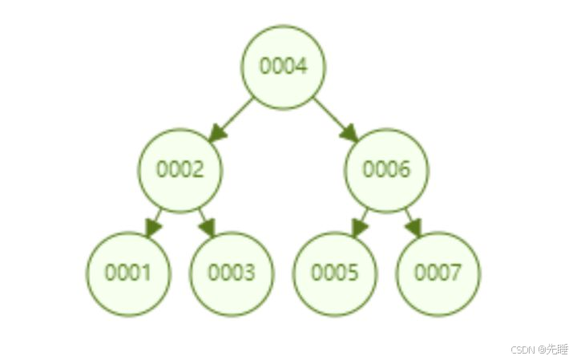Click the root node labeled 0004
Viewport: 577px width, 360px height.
(284, 67)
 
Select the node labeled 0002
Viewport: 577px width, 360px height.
(180, 170)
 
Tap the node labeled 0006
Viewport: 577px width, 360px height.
(386, 170)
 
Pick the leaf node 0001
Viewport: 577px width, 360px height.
(129, 273)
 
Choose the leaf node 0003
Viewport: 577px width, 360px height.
(232, 273)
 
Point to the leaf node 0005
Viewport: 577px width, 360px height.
(335, 273)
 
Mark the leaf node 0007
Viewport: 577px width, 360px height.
(438, 273)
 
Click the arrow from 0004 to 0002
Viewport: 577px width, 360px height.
(231, 119)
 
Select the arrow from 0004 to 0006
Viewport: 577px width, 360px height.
(336, 119)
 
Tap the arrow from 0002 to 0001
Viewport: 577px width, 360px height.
(154, 223)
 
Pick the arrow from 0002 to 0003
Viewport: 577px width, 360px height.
(207, 223)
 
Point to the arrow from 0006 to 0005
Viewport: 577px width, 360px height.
(360, 223)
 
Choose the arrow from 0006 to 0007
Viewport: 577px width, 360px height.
(413, 223)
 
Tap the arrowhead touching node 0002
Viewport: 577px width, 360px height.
(216, 134)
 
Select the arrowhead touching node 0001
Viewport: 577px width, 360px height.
(152, 228)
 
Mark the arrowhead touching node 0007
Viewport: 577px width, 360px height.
(414, 228)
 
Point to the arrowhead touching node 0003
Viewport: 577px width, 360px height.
(208, 228)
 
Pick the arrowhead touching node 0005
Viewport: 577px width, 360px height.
(358, 228)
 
